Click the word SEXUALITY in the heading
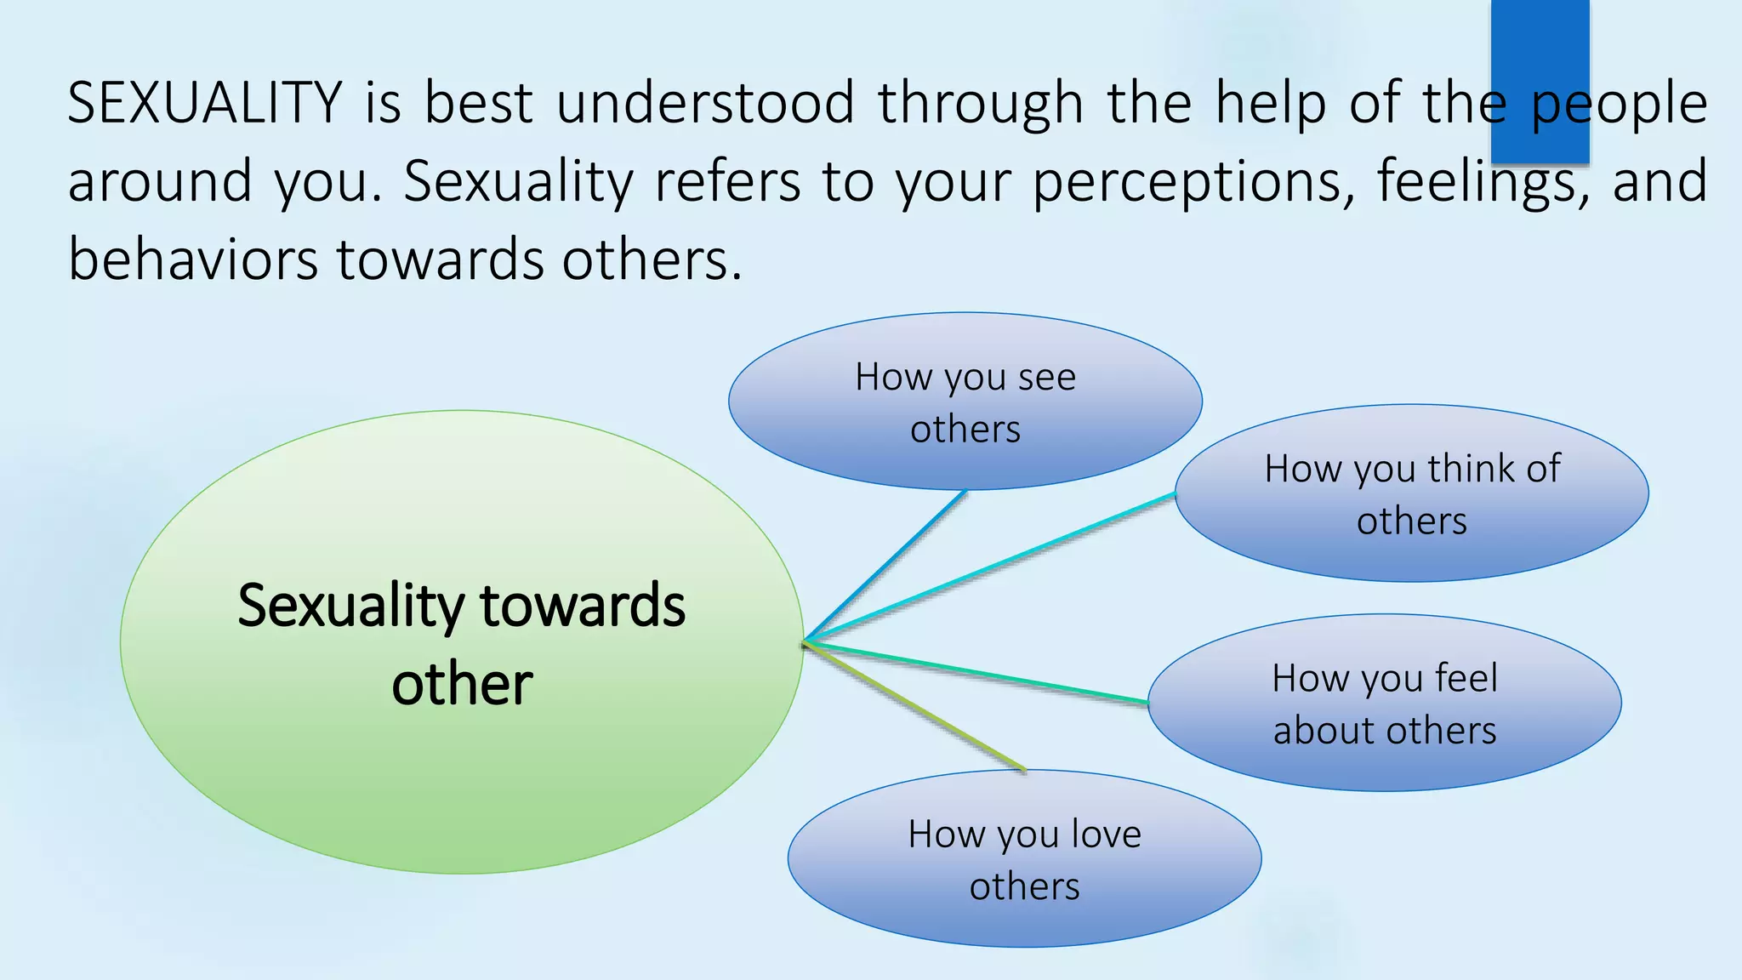tap(204, 104)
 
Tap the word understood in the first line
tap(705, 104)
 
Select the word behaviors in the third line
tap(192, 259)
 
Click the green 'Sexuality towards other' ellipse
tap(462, 766)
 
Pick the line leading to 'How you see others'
tap(885, 566)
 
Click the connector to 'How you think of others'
tap(991, 567)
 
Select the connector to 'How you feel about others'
tap(978, 673)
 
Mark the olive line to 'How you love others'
tap(914, 706)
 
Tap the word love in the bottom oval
tap(1105, 835)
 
